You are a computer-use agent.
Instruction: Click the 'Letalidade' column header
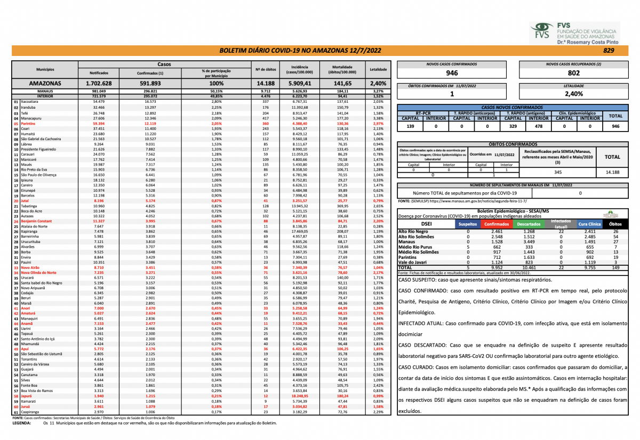pos(378,70)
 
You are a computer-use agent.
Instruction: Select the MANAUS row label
pos(45,91)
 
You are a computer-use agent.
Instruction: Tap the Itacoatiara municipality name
pos(30,101)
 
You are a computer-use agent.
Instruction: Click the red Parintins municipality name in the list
pos(28,123)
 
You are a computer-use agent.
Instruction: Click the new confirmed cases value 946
pos(452,73)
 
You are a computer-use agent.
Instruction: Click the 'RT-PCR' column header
pos(423,112)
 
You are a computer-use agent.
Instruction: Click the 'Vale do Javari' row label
pos(413,262)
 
